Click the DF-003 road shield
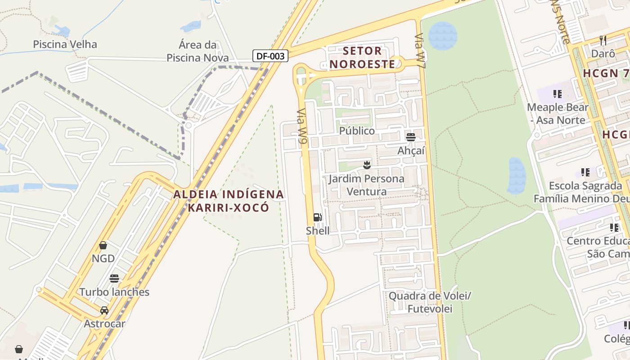pyautogui.click(x=270, y=56)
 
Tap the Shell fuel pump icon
pyautogui.click(x=317, y=218)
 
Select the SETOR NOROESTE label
pyautogui.click(x=362, y=57)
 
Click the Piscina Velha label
pyautogui.click(x=65, y=44)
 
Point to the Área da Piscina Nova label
pyautogui.click(x=198, y=51)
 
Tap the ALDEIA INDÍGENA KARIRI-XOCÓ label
pyautogui.click(x=229, y=201)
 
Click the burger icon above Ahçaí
pyautogui.click(x=410, y=137)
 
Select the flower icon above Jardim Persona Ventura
pyautogui.click(x=367, y=165)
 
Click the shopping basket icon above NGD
pyautogui.click(x=103, y=245)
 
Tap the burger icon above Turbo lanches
pyautogui.click(x=114, y=278)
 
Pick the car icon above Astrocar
pyautogui.click(x=104, y=310)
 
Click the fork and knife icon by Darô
pyautogui.click(x=603, y=40)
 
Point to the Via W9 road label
pyautogui.click(x=302, y=127)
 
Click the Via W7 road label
pyautogui.click(x=420, y=50)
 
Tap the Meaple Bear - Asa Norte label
pyautogui.click(x=558, y=114)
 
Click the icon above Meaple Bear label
pyautogui.click(x=558, y=94)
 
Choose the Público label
pyautogui.click(x=357, y=131)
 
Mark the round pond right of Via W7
pyautogui.click(x=443, y=36)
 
